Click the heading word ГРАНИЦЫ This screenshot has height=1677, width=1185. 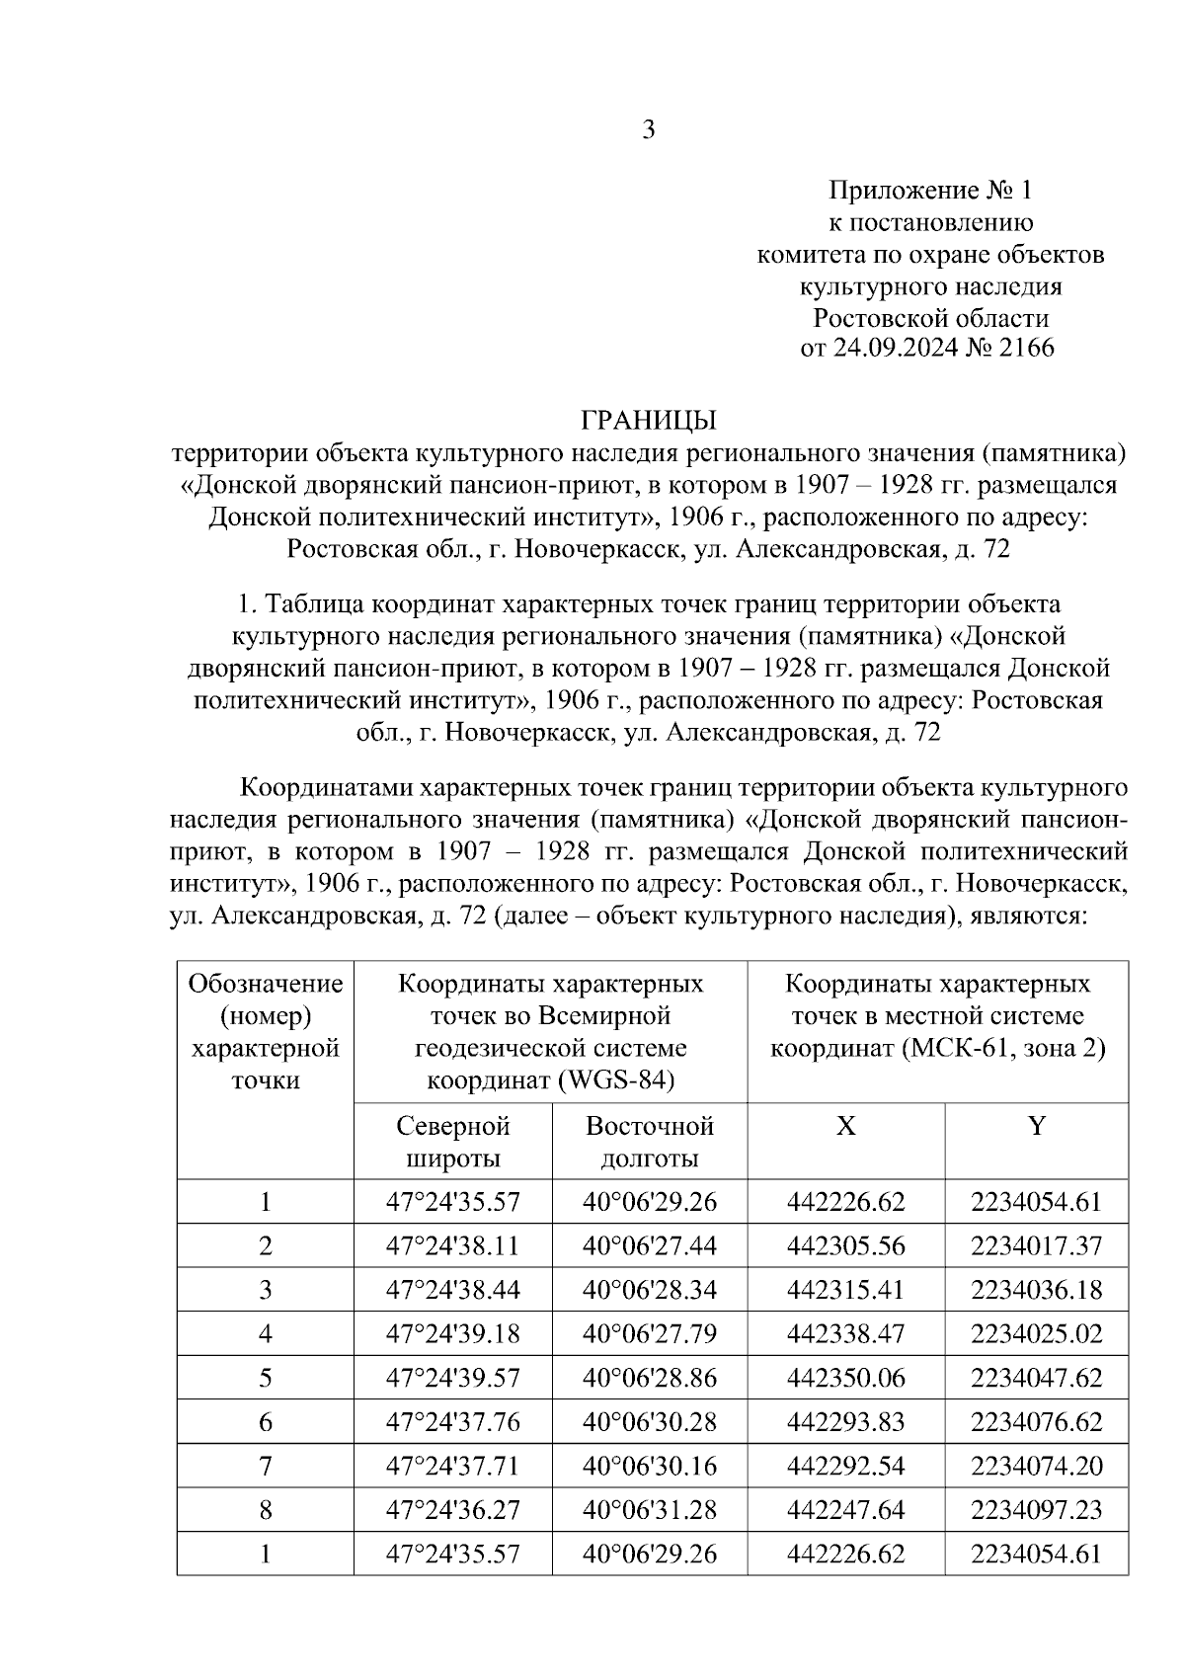[648, 421]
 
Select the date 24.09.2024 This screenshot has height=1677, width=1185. [891, 348]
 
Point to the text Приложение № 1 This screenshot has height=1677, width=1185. [929, 190]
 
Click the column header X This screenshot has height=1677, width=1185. [845, 1126]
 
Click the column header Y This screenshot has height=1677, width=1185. [1036, 1126]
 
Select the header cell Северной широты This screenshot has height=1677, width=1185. [452, 1141]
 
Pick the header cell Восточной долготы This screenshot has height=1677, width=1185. [649, 1141]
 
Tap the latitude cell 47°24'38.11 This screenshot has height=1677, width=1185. [452, 1246]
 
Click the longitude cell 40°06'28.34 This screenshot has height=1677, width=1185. [649, 1290]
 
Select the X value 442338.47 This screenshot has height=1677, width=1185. [845, 1334]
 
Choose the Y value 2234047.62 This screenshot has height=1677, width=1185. [1036, 1378]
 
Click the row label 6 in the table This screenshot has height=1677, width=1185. [265, 1422]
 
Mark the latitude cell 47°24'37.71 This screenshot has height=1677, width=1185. [452, 1466]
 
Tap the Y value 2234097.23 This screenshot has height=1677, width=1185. [1036, 1510]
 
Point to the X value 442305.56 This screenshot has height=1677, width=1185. [845, 1246]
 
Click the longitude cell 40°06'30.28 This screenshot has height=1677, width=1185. [649, 1422]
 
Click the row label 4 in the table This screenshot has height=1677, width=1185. [265, 1334]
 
